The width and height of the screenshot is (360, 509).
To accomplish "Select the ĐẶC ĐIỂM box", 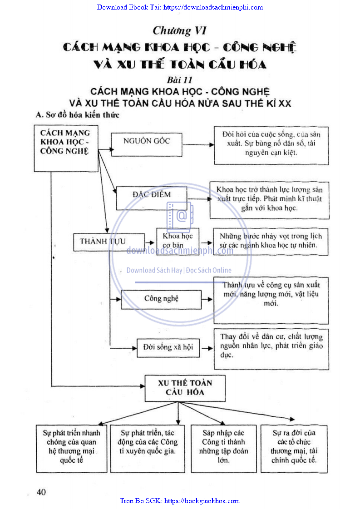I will (x=152, y=198).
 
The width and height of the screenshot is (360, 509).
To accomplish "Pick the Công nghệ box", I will (x=161, y=299).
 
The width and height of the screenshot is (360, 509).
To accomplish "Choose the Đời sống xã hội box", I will (x=168, y=347).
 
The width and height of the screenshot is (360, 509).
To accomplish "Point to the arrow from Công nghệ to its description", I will (x=207, y=299).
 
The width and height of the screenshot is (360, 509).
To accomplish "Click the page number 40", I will (x=41, y=492).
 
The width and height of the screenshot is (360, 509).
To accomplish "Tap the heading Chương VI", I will (x=180, y=31).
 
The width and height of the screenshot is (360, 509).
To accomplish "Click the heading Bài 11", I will (x=180, y=80).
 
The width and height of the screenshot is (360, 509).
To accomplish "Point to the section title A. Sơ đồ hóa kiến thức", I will (x=78, y=115).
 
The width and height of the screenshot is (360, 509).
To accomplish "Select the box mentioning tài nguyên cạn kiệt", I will (x=271, y=145).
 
